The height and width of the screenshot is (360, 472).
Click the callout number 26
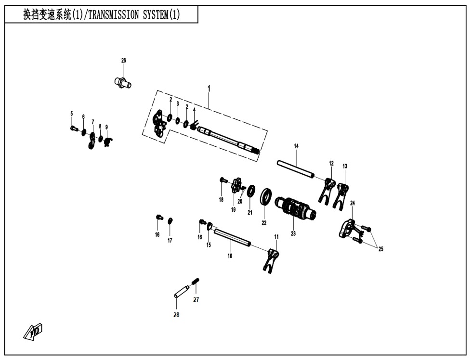click(x=123, y=60)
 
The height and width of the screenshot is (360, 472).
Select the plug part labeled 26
click(x=123, y=82)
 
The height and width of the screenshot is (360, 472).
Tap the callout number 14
click(x=296, y=145)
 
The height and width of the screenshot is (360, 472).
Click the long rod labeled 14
click(x=296, y=169)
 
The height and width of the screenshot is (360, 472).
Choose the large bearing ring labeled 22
click(x=265, y=197)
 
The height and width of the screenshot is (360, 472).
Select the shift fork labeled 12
click(x=327, y=190)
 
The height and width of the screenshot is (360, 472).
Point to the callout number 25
click(x=381, y=249)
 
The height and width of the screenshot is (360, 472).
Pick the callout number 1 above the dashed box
click(x=209, y=88)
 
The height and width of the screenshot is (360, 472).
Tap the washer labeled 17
click(x=170, y=220)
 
